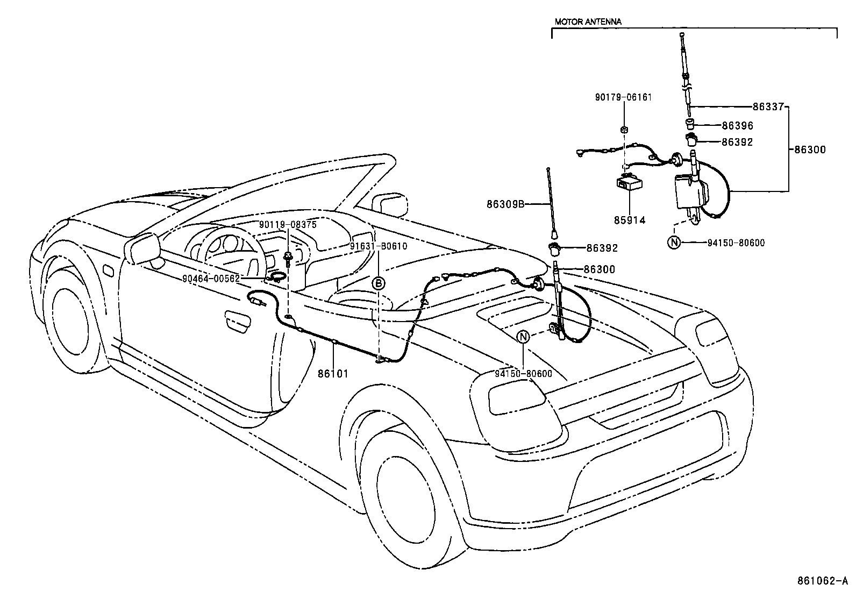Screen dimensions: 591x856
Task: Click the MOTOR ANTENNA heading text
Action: [x=588, y=22]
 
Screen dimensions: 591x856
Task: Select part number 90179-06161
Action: [x=623, y=98]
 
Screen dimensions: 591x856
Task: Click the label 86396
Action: [x=737, y=126]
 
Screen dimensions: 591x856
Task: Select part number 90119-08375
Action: [x=288, y=225]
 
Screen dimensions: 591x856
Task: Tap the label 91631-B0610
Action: [x=379, y=247]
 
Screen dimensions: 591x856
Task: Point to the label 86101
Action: [x=333, y=373]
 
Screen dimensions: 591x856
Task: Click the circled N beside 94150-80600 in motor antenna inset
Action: [x=674, y=243]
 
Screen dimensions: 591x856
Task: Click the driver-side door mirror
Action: [x=144, y=248]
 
